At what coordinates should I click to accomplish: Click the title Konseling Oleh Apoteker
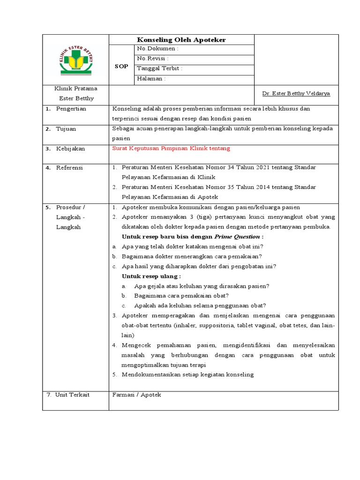click(181, 40)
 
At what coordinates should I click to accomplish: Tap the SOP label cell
click(121, 66)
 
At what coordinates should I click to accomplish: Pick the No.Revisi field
click(153, 58)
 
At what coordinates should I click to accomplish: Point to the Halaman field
click(151, 78)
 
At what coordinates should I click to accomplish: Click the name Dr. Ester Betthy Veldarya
click(296, 93)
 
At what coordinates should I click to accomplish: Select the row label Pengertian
click(71, 109)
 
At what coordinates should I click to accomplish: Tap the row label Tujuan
click(66, 129)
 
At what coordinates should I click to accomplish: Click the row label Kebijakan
click(70, 149)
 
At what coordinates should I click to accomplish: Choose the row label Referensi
click(69, 167)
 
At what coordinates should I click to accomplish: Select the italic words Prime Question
click(239, 237)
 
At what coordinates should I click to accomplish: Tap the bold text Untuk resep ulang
click(151, 276)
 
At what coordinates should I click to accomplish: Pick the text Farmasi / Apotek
click(136, 395)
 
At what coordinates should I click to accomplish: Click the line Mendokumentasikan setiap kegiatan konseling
click(187, 375)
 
